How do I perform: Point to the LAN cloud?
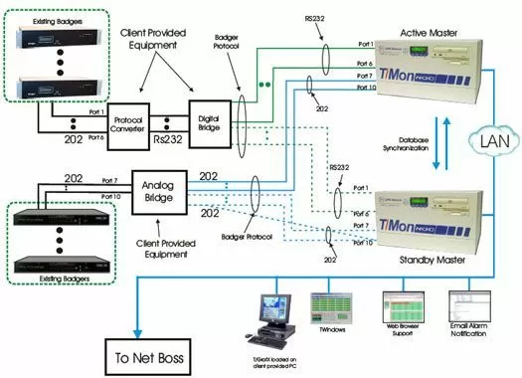[491, 143]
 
